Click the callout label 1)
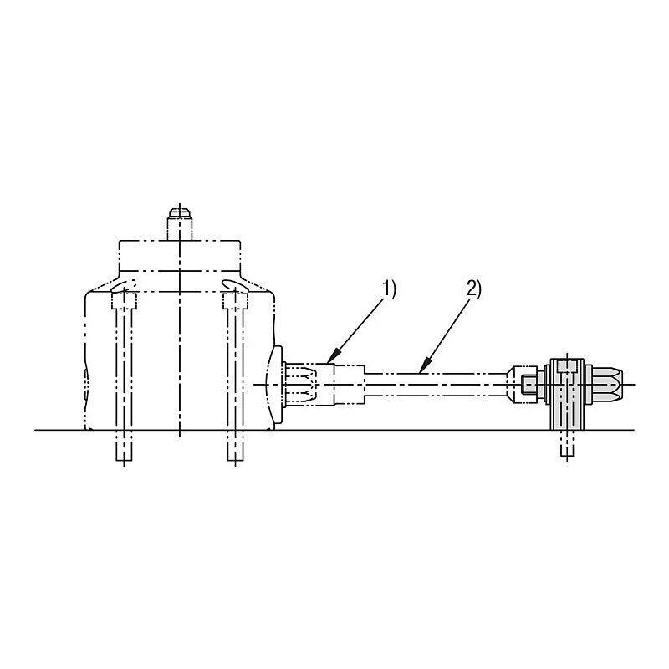point(388,289)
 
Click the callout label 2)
point(473,289)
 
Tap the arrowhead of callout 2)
point(423,366)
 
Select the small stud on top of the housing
point(180,224)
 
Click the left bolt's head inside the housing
point(124,301)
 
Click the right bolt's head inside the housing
point(235,301)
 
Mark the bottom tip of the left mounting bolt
point(124,461)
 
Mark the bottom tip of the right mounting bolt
point(236,461)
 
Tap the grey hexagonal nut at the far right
point(605,385)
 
